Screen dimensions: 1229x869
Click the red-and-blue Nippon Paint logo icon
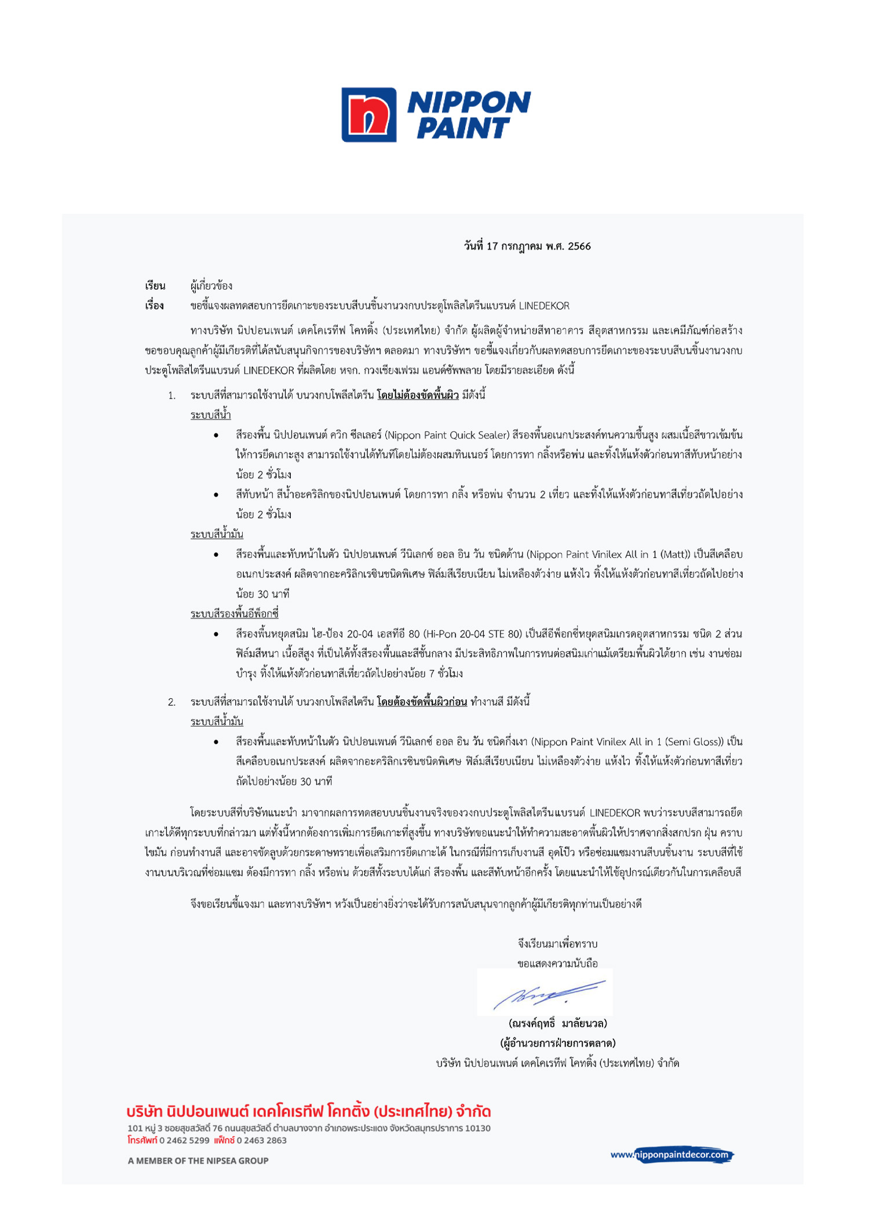click(369, 115)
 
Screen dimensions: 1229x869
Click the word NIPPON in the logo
click(469, 103)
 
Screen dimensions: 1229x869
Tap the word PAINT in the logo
click(463, 128)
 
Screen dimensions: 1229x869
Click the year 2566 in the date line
click(579, 246)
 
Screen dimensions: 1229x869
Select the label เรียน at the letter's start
click(155, 286)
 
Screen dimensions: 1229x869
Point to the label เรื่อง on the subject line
click(155, 306)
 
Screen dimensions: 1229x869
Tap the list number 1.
click(171, 396)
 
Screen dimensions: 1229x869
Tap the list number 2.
click(171, 702)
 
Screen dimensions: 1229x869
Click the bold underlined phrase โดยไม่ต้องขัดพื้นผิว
click(418, 395)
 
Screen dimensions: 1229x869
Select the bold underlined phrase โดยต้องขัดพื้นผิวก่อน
click(422, 702)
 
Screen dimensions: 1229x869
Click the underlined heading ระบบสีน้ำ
click(210, 415)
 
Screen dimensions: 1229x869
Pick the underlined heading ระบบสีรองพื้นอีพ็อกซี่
click(235, 614)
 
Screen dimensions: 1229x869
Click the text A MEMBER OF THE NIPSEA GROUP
click(198, 1161)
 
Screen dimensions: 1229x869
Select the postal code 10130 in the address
click(478, 1128)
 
